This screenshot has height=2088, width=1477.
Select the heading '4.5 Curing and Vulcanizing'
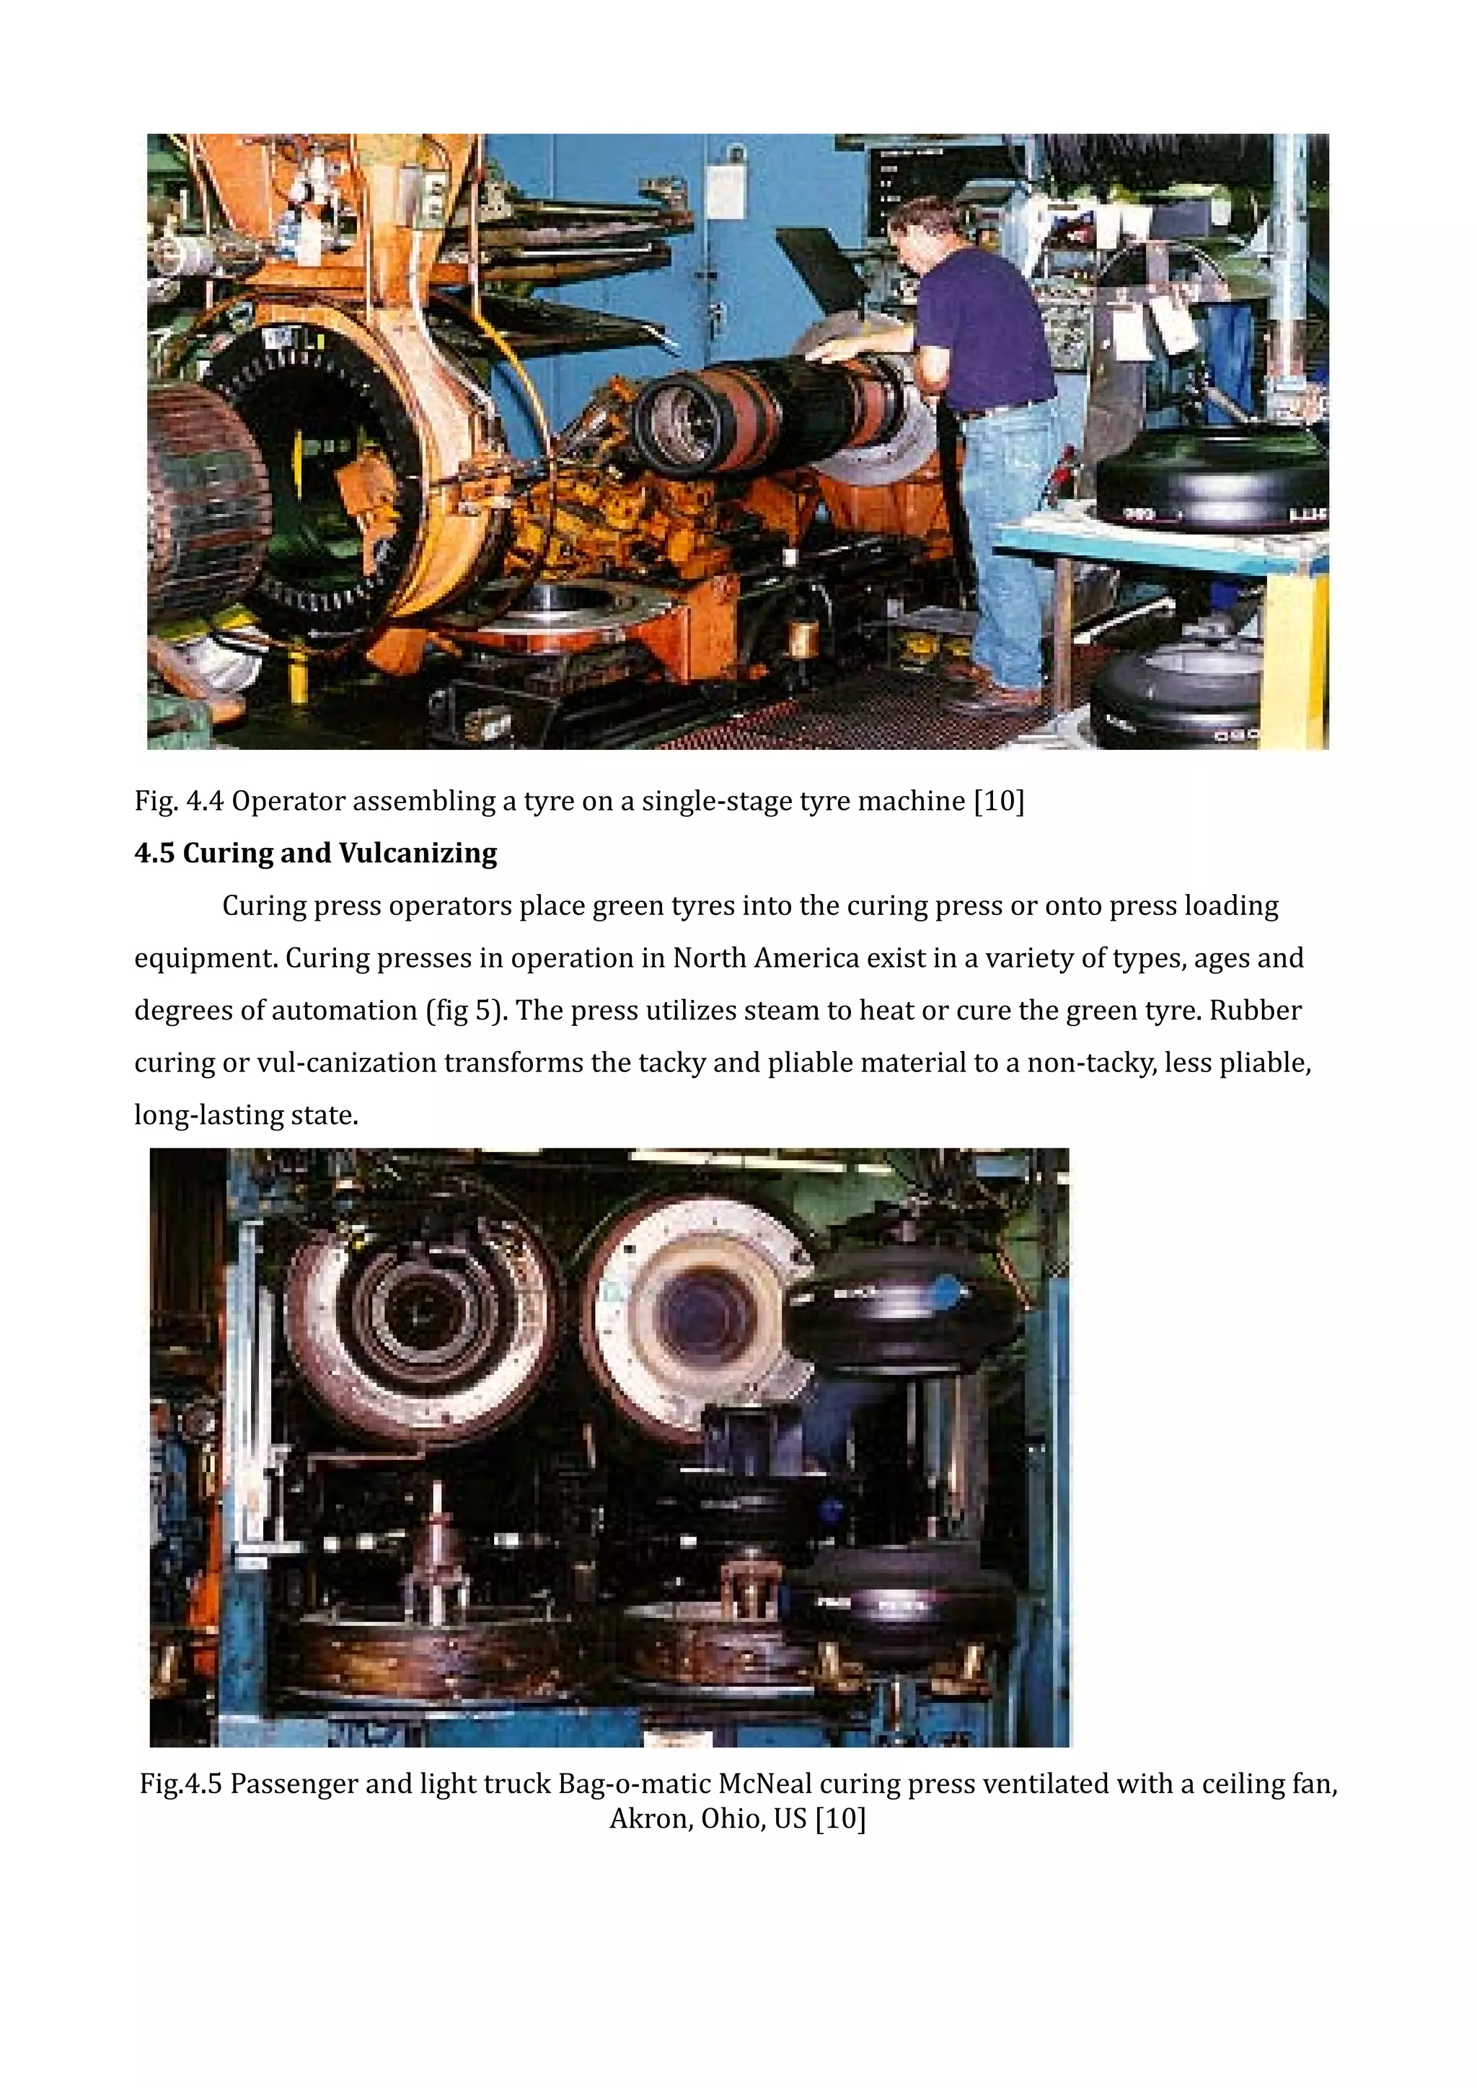(x=316, y=853)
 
